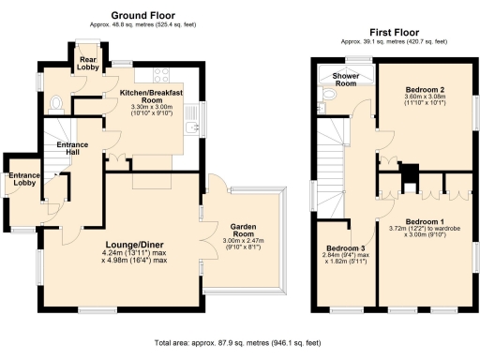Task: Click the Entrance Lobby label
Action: click(x=24, y=179)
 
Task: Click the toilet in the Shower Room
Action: click(x=327, y=96)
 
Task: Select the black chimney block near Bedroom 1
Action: click(x=409, y=172)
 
